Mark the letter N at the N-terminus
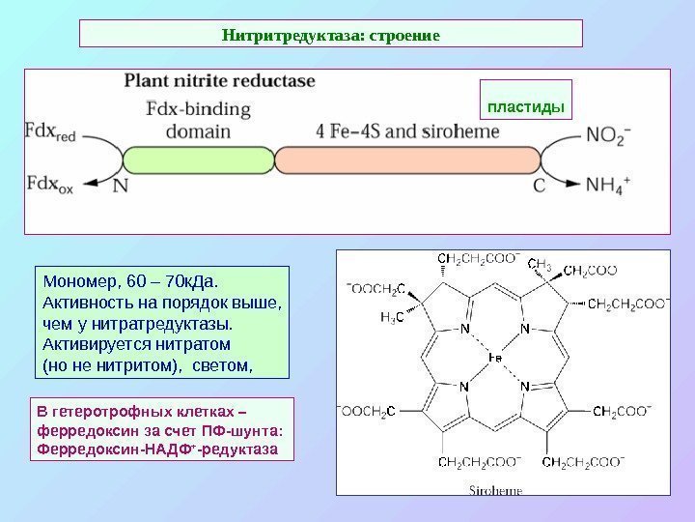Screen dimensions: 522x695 (120, 186)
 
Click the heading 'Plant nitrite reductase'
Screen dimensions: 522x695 (219, 82)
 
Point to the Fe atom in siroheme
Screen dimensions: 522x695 (494, 359)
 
